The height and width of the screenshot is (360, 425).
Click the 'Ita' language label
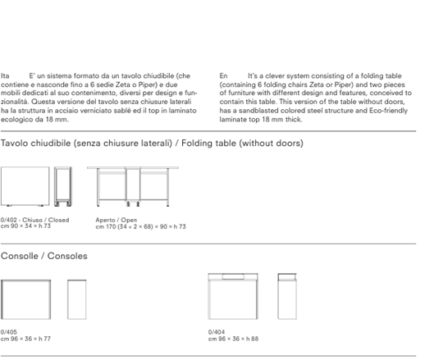click(x=5, y=75)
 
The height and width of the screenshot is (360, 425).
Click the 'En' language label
click(x=223, y=75)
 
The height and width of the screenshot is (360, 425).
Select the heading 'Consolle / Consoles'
click(x=44, y=256)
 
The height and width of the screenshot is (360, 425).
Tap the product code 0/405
click(x=9, y=332)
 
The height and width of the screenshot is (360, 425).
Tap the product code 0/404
click(x=217, y=332)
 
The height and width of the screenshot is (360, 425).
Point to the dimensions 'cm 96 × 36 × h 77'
click(x=25, y=339)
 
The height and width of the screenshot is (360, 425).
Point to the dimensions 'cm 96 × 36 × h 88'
click(x=233, y=339)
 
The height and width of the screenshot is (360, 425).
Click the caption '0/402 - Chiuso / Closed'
click(x=34, y=220)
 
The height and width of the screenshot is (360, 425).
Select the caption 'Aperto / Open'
click(x=117, y=220)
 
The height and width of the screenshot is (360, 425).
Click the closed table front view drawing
click(x=25, y=186)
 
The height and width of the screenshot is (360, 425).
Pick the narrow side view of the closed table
click(x=63, y=187)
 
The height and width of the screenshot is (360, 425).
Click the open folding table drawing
click(x=133, y=186)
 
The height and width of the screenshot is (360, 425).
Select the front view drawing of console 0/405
click(x=25, y=299)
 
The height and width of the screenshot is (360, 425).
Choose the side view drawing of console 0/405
click(x=77, y=299)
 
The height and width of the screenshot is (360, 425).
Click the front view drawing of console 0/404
click(x=233, y=296)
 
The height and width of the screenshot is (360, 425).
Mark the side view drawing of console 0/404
click(x=287, y=296)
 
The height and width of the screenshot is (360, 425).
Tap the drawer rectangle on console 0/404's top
click(x=233, y=276)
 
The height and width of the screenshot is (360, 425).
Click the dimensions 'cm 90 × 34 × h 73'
click(x=25, y=226)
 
